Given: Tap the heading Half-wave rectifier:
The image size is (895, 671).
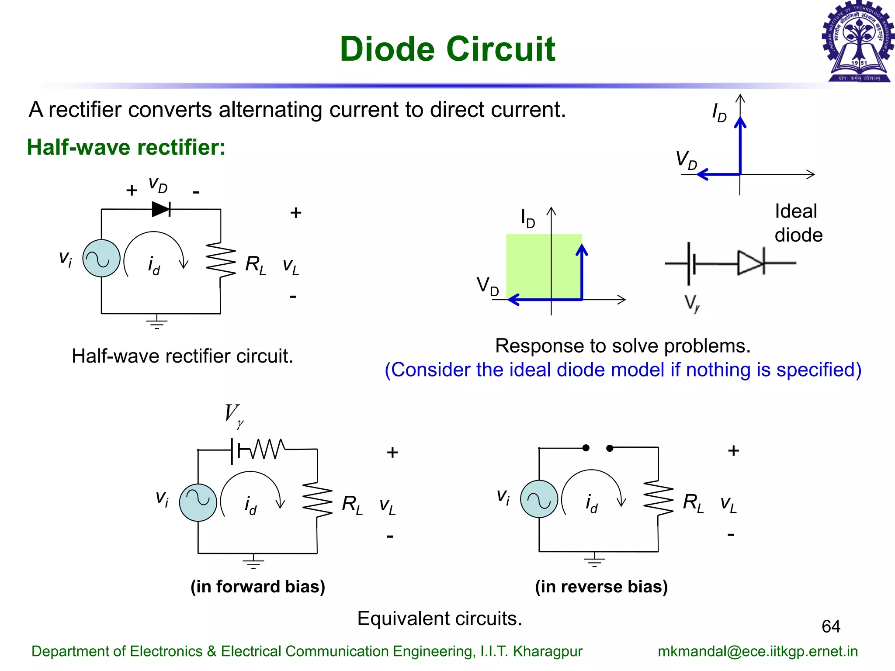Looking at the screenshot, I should click(x=126, y=147).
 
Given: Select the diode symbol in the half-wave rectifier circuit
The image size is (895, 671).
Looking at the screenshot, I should click(x=161, y=209).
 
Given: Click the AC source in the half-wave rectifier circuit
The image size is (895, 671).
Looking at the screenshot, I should click(x=101, y=258).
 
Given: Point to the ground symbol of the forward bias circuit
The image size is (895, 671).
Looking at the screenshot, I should click(x=253, y=561).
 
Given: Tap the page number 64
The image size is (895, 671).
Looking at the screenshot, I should click(x=831, y=626).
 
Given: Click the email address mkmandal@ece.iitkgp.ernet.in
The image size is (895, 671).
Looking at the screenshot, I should click(x=758, y=651).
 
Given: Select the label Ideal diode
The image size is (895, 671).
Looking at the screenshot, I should click(x=798, y=223).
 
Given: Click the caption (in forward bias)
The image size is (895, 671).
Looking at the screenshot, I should click(x=258, y=587).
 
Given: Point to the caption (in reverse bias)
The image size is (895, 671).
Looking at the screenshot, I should click(x=601, y=587).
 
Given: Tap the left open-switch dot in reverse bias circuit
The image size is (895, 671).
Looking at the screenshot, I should click(x=586, y=448).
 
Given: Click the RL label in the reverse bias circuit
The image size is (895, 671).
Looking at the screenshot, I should click(x=693, y=503).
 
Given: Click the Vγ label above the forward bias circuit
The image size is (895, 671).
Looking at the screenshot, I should click(x=234, y=415).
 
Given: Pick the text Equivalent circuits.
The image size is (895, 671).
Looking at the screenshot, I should click(x=440, y=619).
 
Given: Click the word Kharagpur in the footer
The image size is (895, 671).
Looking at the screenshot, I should click(x=548, y=651).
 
